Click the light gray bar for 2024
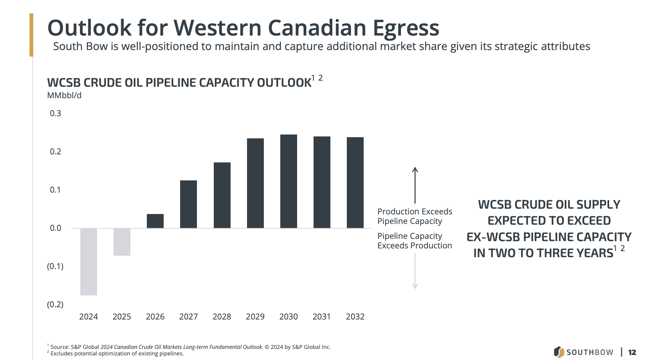point(89,262)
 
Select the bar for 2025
point(122,242)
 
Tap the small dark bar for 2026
point(155,221)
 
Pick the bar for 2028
point(222,195)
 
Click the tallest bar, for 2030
point(289,182)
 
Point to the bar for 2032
point(355,183)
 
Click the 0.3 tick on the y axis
point(55,114)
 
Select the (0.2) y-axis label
point(55,305)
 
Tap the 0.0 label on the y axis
point(55,228)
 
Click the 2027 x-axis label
point(189,317)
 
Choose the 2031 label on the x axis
point(322,317)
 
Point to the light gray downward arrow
point(415,271)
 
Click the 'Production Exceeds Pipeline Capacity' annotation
point(415,216)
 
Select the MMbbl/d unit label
point(64,96)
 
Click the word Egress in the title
point(406,28)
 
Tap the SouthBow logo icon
point(559,352)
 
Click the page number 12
point(632,352)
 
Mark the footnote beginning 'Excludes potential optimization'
point(117,354)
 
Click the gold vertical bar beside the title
point(31,35)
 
